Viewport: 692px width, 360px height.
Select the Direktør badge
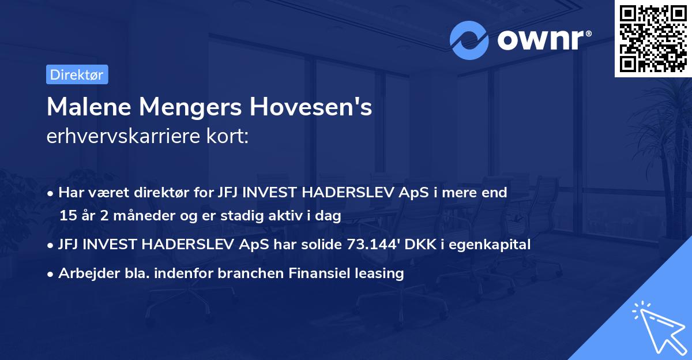click(77, 74)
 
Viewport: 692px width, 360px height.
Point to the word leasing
click(376, 273)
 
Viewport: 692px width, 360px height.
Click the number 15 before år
click(67, 216)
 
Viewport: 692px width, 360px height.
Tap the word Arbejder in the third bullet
click(85, 273)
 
